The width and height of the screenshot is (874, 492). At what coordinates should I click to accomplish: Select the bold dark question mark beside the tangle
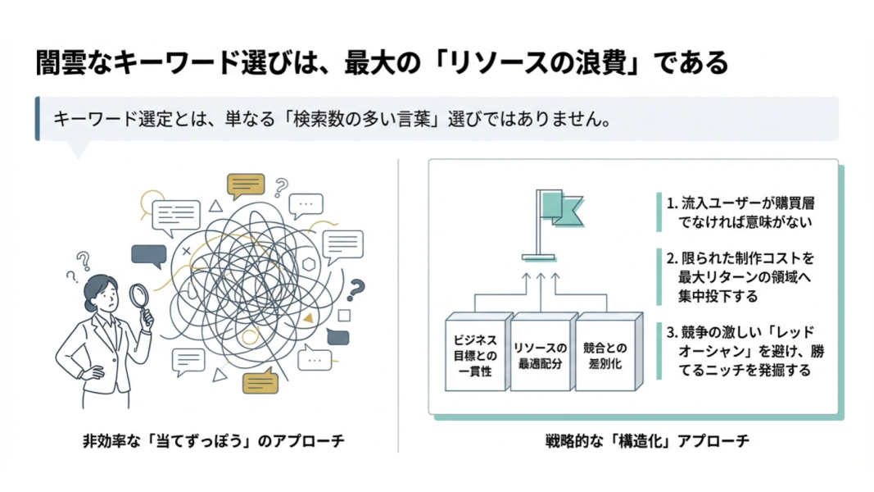point(355,289)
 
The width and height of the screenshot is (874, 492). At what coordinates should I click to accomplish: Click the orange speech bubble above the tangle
point(246,185)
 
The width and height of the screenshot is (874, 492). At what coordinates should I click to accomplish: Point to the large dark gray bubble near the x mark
point(148,257)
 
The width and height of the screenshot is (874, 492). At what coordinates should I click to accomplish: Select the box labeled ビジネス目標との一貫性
point(476,351)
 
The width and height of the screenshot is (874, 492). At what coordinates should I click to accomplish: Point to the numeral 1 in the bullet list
point(670,202)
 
